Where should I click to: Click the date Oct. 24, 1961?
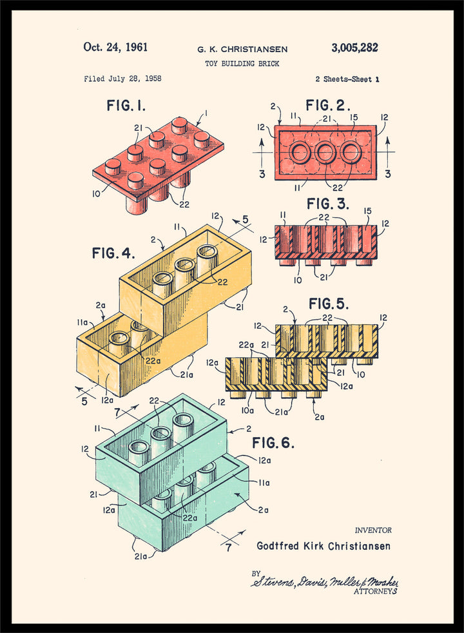115,47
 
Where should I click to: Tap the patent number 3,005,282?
354,48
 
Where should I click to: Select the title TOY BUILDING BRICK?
242,63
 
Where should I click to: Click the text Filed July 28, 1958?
122,79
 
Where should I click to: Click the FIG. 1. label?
126,105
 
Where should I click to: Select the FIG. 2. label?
328,105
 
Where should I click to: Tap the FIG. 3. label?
328,204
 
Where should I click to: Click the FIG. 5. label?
328,303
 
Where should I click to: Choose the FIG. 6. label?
273,443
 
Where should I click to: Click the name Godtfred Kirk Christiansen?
323,546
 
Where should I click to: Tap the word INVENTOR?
373,531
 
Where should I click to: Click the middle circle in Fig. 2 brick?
325,153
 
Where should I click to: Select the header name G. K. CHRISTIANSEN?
242,49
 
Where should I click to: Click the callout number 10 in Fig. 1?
96,193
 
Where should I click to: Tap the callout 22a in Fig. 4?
152,360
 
